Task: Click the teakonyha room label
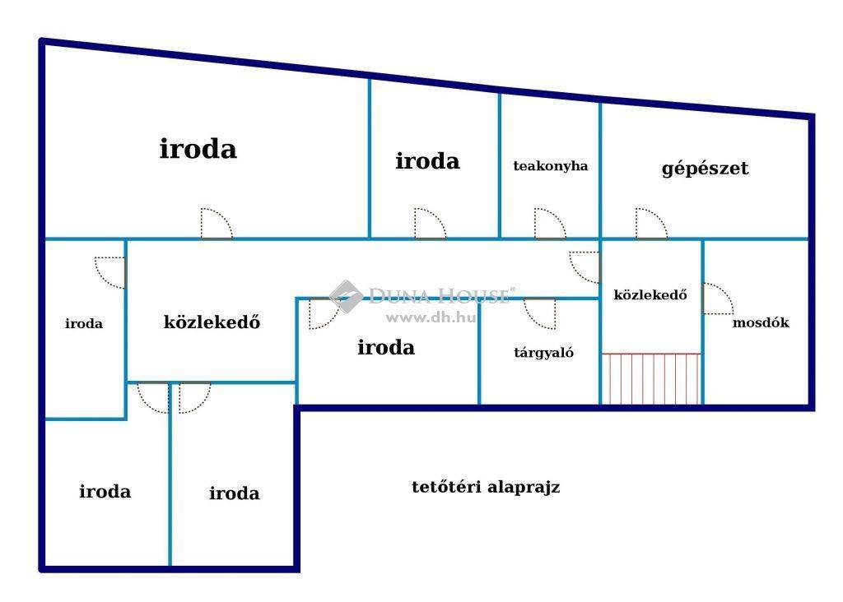coord(551,166)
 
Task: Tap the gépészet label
coord(705,169)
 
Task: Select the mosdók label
coord(761,322)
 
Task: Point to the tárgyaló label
coord(543,353)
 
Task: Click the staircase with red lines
coord(651,378)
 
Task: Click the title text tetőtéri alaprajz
coord(486,487)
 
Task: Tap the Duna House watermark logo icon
coord(345,296)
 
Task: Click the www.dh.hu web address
coord(431,317)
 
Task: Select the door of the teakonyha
coord(550,224)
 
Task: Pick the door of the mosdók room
coord(718,299)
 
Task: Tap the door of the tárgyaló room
coord(540,313)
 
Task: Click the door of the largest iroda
coord(217,224)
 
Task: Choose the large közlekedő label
coord(212,322)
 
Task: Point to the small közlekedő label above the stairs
coord(650,294)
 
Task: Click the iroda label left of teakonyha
coord(427,161)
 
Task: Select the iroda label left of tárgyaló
coord(386,347)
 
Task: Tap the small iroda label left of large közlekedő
coord(84,323)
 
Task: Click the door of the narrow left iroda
coord(110,273)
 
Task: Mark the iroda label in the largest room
coord(198,149)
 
